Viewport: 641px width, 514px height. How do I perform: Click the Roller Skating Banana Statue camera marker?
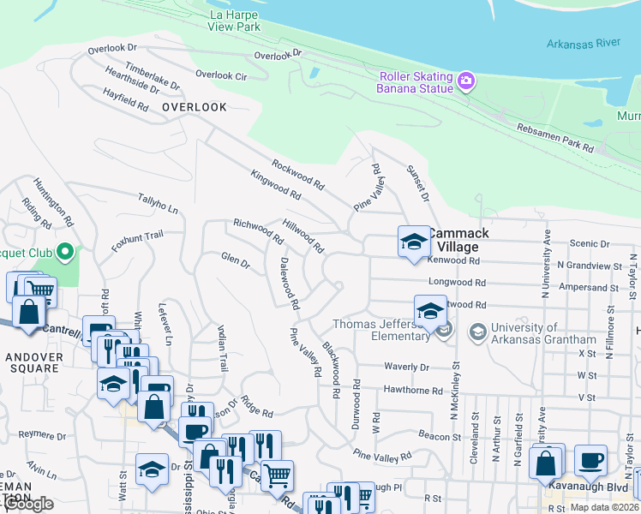point(466,81)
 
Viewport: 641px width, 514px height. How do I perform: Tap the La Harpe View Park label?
point(233,21)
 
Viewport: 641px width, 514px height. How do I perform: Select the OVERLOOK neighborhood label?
point(195,107)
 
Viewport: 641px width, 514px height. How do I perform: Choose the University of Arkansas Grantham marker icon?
point(477,331)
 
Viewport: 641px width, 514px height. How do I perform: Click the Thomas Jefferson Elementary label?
point(381,330)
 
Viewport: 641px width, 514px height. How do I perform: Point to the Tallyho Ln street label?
point(159,203)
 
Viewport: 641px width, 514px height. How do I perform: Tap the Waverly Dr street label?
point(406,367)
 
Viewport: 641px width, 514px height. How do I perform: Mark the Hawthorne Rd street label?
point(413,390)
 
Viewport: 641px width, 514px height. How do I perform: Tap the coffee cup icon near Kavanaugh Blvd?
point(590,460)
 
